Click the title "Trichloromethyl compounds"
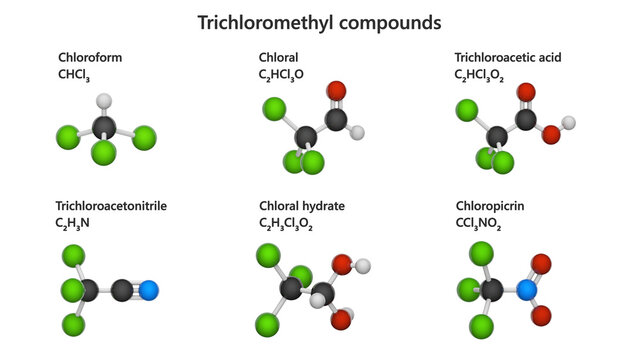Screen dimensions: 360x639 pos(319,21)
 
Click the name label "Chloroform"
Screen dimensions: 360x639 pos(90,58)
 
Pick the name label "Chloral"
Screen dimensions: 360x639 pos(279,58)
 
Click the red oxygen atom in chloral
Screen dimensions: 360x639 pos(337,92)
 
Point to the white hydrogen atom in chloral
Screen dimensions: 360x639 pos(358,132)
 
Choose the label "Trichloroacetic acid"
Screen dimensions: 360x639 pos(507,58)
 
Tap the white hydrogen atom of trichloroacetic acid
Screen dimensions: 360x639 pos(569,123)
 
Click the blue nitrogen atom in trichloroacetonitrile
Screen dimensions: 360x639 pos(149,291)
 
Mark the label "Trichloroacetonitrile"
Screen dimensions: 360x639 pos(111,206)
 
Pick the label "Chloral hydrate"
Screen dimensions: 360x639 pos(302,206)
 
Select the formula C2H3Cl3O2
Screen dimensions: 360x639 pos(286,223)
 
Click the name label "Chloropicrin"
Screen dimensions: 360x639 pos(489,206)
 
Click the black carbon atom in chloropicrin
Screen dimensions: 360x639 pos(492,290)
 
